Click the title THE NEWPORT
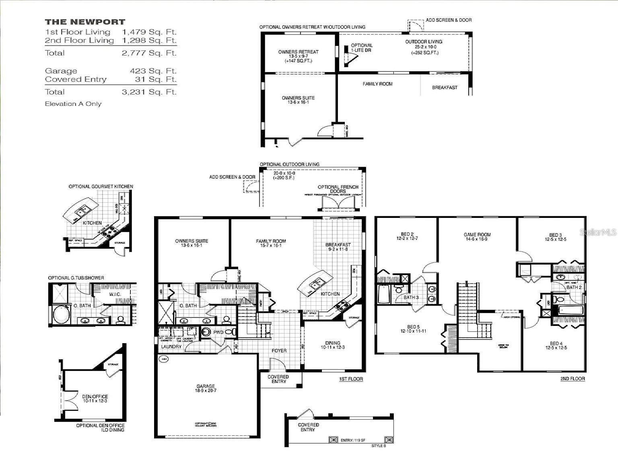(x=85, y=22)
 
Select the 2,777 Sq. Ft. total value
(x=149, y=53)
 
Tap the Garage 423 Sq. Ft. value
(x=153, y=71)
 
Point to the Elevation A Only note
(x=73, y=104)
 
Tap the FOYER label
(x=279, y=350)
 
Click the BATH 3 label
(x=411, y=297)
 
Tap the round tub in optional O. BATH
(x=62, y=314)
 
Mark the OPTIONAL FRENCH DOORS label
(x=338, y=189)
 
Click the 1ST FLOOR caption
(x=351, y=379)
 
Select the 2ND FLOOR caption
(x=573, y=379)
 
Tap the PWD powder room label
(x=218, y=332)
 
